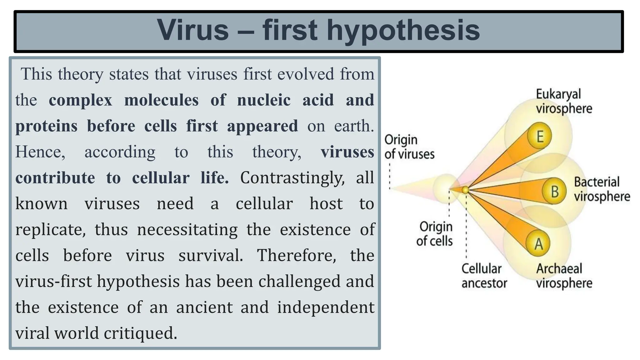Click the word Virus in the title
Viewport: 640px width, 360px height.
point(193,30)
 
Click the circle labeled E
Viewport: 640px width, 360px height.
point(539,136)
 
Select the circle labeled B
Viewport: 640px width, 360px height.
point(554,191)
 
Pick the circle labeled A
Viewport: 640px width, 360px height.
point(538,244)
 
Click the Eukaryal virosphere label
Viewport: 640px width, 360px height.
point(564,101)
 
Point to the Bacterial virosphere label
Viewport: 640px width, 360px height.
point(602,189)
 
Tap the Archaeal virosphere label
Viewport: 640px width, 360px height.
point(564,276)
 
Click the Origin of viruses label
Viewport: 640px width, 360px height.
point(409,147)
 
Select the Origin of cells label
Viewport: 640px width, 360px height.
point(435,233)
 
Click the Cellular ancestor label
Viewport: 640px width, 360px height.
point(484,276)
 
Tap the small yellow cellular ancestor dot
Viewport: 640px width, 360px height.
point(465,190)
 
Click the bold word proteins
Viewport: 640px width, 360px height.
point(46,126)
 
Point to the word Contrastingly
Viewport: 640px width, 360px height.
point(292,178)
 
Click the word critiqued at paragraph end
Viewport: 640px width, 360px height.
point(140,333)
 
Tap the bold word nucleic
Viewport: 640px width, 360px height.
point(264,100)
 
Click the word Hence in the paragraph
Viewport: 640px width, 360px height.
point(40,152)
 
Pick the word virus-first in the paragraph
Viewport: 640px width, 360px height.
point(53,281)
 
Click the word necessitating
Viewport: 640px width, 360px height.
point(187,230)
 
